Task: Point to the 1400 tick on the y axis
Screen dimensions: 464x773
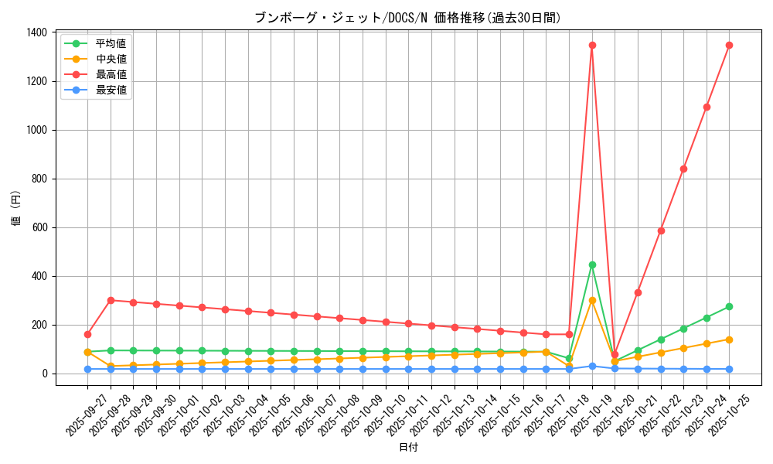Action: pos(36,32)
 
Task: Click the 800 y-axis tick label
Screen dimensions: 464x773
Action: pos(39,179)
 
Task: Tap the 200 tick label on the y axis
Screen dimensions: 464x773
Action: pos(39,325)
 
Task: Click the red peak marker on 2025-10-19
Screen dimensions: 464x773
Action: pos(592,45)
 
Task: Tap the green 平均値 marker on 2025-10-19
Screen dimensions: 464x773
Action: pos(592,264)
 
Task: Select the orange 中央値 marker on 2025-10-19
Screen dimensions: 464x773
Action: pos(592,300)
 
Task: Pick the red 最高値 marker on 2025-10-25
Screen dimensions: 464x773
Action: pos(729,45)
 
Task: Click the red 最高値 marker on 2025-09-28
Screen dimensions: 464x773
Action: pos(111,300)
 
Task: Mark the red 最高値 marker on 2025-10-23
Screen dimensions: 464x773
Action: pos(683,169)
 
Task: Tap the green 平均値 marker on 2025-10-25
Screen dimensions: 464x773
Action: pos(729,306)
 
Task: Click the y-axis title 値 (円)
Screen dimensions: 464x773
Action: pos(15,209)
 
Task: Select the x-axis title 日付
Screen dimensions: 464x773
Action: pos(408,448)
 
